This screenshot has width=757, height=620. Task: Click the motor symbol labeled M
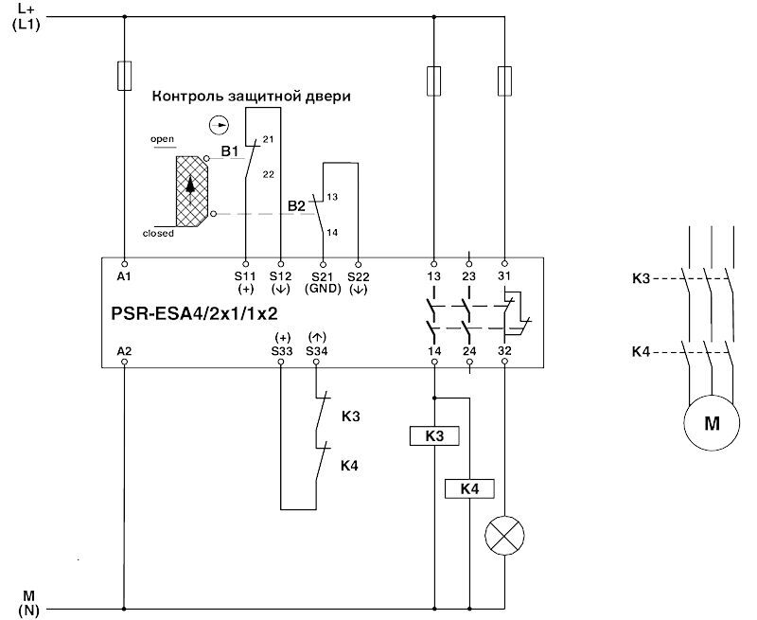[711, 423]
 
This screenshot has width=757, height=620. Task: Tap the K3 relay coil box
[434, 436]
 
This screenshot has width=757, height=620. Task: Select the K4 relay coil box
[470, 488]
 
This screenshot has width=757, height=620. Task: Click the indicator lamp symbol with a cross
[503, 537]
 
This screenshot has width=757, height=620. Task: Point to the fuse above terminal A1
[124, 76]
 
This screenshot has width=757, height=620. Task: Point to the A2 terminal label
[124, 351]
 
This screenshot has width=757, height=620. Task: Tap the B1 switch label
[230, 151]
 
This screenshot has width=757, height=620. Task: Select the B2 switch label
[296, 204]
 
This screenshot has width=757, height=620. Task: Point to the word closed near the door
[158, 233]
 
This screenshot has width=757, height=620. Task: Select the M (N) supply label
[28, 602]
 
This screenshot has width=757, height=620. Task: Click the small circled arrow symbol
[219, 124]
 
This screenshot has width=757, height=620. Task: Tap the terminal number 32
[504, 351]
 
